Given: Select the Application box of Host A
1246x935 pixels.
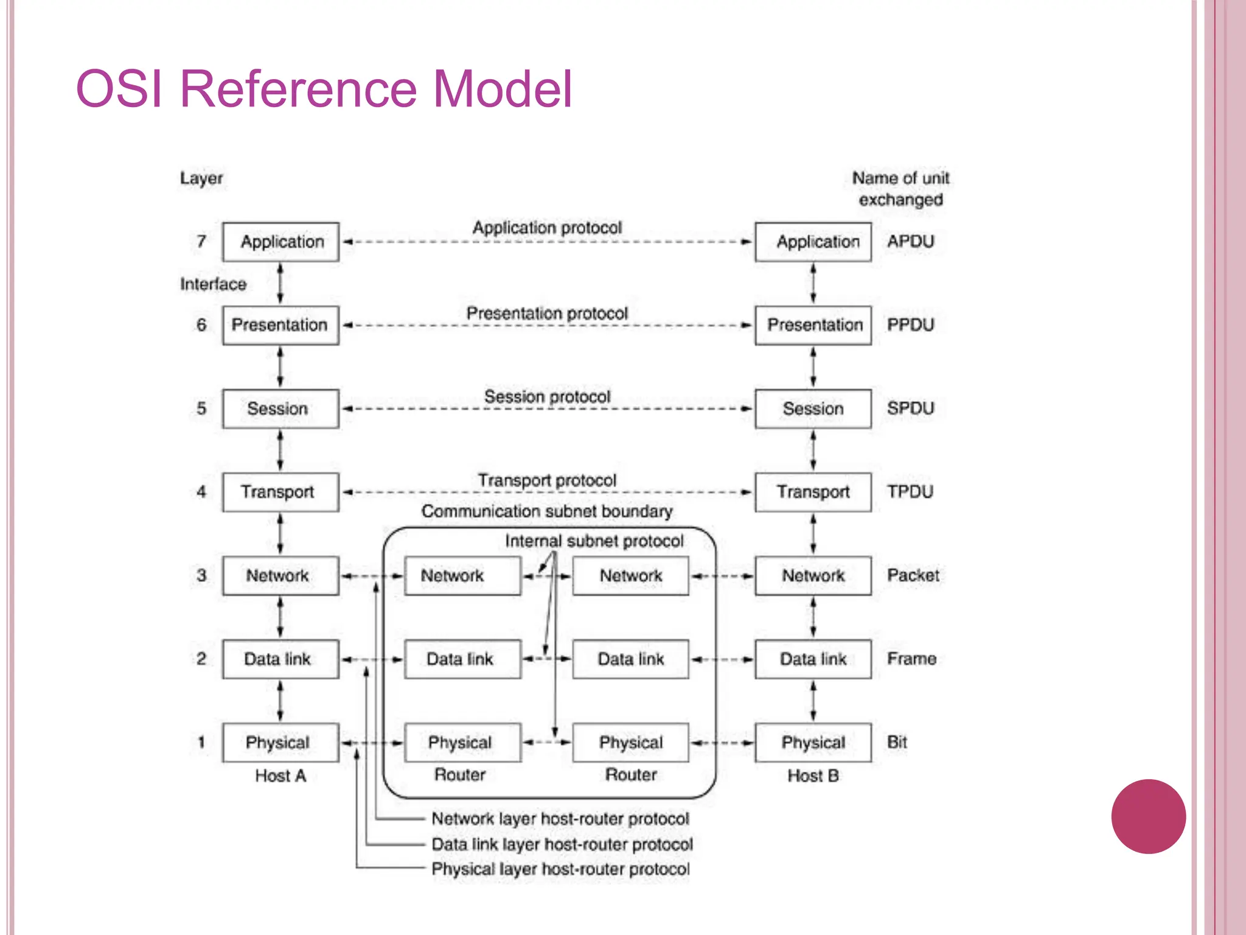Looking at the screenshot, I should click(280, 242).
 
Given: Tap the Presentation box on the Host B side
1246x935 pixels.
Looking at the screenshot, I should click(813, 325).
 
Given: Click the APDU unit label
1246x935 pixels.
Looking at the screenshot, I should click(910, 242).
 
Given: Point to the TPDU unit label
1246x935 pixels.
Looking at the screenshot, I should click(910, 492).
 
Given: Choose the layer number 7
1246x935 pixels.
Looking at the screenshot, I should click(201, 242).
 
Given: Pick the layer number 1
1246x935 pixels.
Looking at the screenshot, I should click(201, 742).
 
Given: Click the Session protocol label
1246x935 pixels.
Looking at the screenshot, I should click(547, 397).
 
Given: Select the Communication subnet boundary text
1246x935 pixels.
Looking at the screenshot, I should click(547, 511).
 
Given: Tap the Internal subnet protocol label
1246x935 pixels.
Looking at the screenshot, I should click(594, 541).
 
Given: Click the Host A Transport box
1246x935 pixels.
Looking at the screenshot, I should click(280, 492).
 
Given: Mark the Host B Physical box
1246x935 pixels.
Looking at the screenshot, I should click(813, 742).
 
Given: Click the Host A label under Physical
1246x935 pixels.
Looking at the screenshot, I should click(280, 776).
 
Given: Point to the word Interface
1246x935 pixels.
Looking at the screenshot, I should click(213, 284).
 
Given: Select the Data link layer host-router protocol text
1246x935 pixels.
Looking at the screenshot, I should click(562, 844).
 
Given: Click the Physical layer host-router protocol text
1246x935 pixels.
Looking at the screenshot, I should click(560, 869).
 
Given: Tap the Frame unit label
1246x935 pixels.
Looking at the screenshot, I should click(911, 659).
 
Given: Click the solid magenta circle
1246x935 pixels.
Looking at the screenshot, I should click(1148, 816).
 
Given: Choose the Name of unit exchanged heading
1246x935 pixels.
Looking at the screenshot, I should click(900, 189).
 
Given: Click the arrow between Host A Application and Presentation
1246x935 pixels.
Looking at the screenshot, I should click(280, 284).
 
